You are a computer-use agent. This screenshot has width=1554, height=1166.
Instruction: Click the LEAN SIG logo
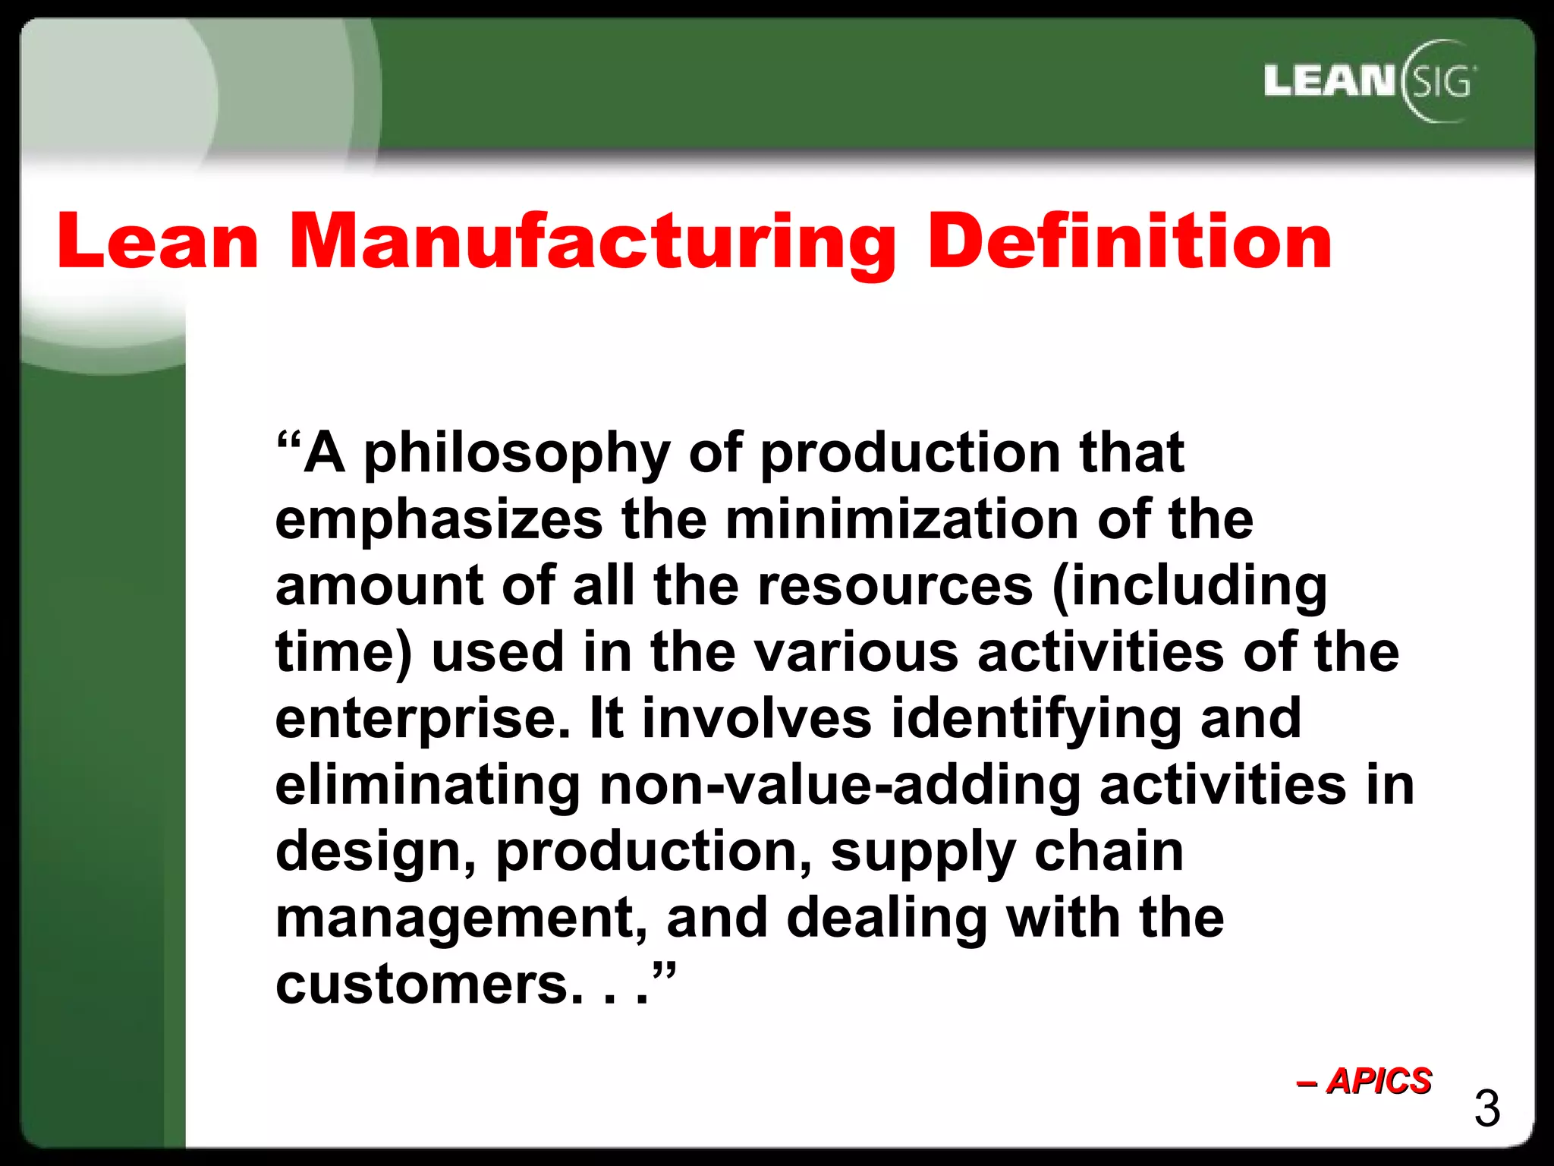point(1370,81)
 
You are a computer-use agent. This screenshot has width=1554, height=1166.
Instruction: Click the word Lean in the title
point(158,241)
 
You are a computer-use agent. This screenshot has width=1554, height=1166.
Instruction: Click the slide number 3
point(1486,1109)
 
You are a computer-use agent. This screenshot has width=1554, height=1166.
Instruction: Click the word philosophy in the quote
point(517,454)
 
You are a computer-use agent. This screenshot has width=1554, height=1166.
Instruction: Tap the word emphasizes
point(439,520)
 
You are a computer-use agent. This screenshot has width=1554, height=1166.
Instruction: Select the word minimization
point(901,520)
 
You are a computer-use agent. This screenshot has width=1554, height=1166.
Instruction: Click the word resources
point(895,586)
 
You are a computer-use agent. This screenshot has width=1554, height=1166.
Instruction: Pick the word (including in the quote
point(1189,588)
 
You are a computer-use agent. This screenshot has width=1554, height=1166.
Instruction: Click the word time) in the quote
point(344,653)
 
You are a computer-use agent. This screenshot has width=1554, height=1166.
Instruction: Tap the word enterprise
point(422,720)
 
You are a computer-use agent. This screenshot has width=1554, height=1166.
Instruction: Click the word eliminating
point(428,786)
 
